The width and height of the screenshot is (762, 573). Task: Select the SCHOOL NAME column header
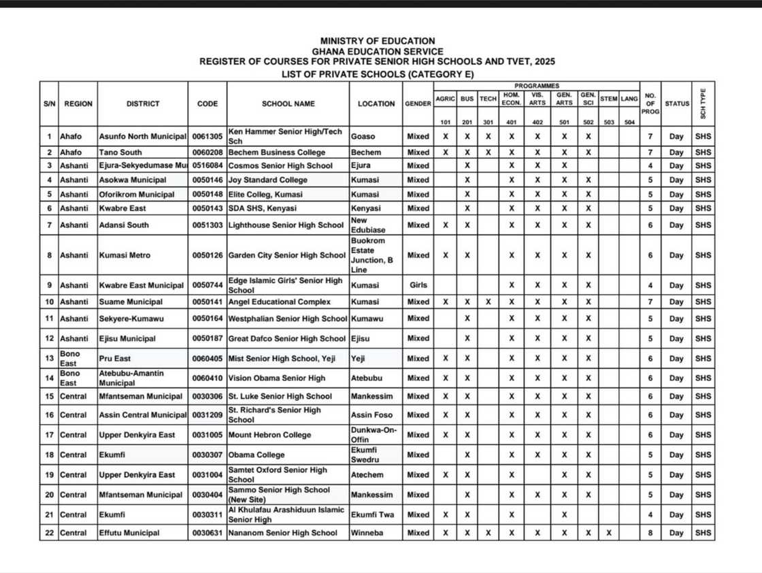pos(288,104)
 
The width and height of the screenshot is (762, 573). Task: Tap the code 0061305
pos(207,136)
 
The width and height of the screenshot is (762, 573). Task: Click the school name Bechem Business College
pos(277,152)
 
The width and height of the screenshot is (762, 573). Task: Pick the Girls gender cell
pos(418,285)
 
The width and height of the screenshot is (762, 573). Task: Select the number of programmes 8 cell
pos(650,533)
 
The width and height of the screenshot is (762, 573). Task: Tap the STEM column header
pos(609,99)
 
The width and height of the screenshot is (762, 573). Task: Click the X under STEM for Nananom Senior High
pos(609,533)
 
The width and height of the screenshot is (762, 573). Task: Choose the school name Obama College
pos(256,455)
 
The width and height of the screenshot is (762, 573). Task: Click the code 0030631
pos(207,533)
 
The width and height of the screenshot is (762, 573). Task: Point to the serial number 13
pos(49,359)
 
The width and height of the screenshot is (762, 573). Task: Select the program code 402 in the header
pos(537,122)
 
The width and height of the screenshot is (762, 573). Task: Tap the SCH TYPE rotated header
pos(703,103)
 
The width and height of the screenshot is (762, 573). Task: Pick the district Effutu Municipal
pos(129,533)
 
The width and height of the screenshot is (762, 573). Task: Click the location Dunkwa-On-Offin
pos(374,435)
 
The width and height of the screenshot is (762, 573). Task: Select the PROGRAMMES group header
pos(537,86)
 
